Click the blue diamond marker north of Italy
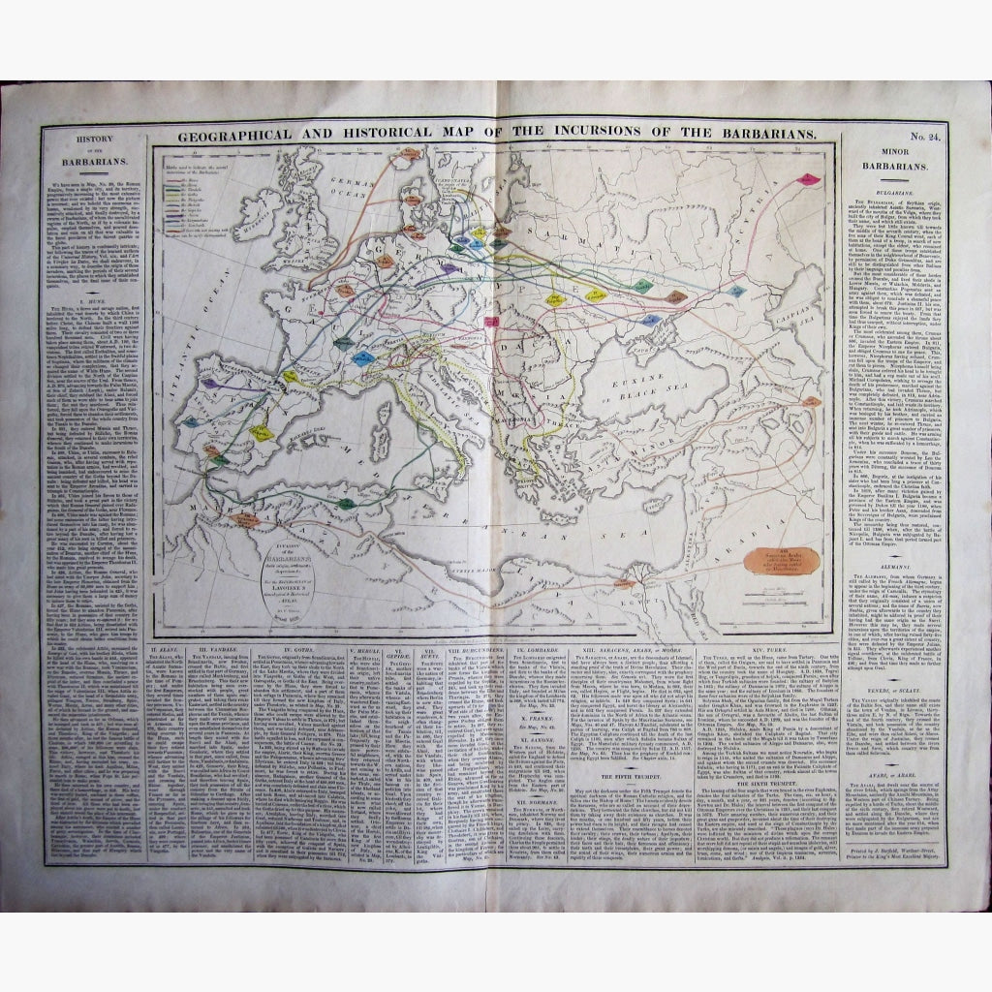tap(362, 358)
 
